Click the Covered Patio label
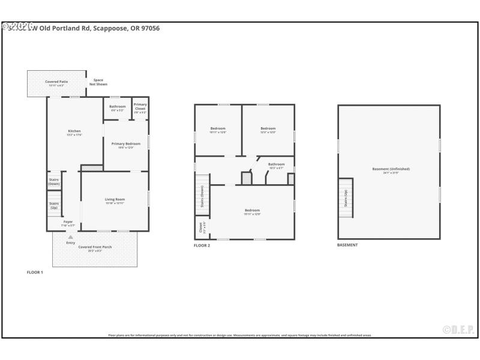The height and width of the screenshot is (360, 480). [56, 82]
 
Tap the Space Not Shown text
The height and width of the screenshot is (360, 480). [98, 82]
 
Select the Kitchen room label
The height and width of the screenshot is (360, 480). [74, 131]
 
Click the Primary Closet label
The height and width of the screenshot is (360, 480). [140, 108]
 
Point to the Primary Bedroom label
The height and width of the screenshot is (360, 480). [126, 144]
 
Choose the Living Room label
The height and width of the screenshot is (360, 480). [115, 200]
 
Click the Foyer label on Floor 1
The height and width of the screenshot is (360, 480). [68, 222]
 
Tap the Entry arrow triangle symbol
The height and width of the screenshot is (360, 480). [70, 238]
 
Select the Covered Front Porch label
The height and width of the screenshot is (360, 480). [95, 247]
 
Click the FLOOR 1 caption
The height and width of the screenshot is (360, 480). [35, 272]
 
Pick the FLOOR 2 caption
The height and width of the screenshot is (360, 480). [202, 245]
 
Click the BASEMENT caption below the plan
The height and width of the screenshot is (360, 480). [347, 245]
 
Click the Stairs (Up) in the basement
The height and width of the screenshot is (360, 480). [345, 199]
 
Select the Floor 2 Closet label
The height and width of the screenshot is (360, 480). [200, 228]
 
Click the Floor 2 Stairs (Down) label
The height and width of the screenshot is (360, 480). [202, 195]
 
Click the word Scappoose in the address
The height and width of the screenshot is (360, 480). [110, 28]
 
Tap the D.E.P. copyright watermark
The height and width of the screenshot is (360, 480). [458, 329]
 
